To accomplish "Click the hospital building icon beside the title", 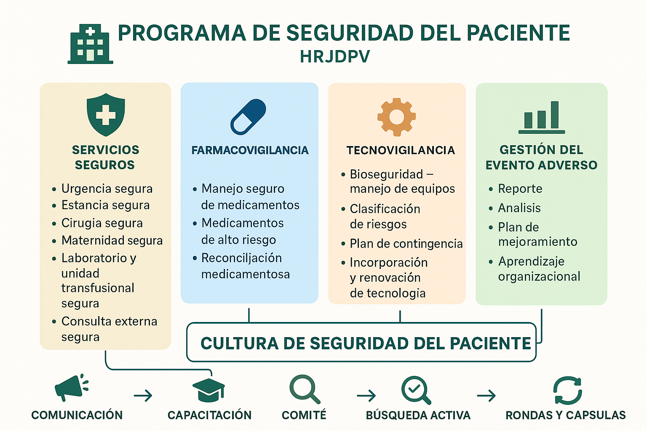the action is coord(91,44).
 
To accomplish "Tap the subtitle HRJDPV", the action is coord(335,56).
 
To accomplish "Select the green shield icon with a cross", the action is coord(106,114).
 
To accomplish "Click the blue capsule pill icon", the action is coord(248,117).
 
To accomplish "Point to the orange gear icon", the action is coord(396,117).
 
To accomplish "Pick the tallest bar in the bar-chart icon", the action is coord(555,114).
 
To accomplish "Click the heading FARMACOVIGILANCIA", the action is coord(250,150).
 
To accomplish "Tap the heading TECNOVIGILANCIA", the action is coord(401,150).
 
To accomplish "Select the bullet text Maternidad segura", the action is coord(112,240).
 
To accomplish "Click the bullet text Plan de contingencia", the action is coord(406,244).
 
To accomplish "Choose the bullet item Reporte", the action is coord(520,189).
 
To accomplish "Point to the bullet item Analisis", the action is coord(519,208).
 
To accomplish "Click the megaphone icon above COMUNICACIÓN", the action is coord(71,388).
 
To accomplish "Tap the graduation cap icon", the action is coord(209,390).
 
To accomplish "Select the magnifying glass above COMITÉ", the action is coord(305,389).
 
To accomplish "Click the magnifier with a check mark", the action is coord(416,390).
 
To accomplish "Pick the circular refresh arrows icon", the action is coord(567,391).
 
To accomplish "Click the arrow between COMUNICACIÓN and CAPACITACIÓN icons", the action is coord(143,396).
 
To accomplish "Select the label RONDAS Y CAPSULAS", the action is coord(566,415).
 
